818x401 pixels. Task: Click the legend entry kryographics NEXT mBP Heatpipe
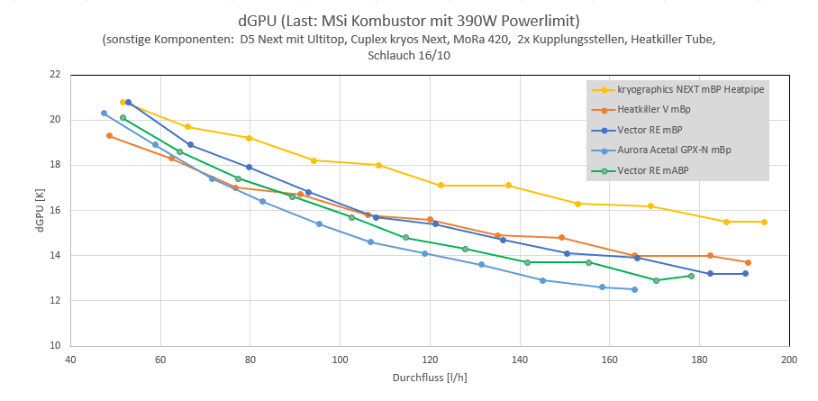(x=682, y=89)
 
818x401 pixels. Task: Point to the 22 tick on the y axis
(x=55, y=74)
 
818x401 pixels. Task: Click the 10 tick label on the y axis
(x=55, y=346)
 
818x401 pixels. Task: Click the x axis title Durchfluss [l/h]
(x=430, y=378)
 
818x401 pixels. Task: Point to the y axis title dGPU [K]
(x=40, y=210)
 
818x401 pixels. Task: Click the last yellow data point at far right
(x=764, y=222)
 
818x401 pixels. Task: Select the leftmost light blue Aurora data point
(x=105, y=114)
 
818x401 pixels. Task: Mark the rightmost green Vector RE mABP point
(x=691, y=276)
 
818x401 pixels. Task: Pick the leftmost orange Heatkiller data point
(x=110, y=136)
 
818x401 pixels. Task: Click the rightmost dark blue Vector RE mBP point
(x=745, y=274)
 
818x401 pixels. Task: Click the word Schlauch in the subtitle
(x=392, y=56)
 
